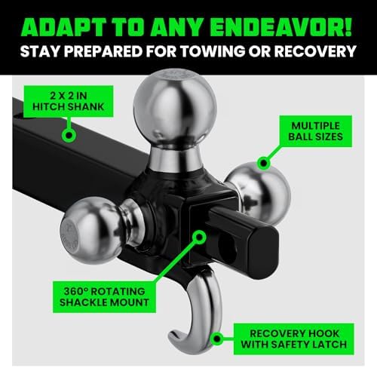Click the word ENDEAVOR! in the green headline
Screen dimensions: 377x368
[280, 27]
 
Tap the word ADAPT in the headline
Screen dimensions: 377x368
[63, 27]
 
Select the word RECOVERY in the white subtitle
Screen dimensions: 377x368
[315, 51]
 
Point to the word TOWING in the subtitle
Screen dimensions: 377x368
[213, 51]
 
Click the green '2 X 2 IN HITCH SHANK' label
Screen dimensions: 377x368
[69, 101]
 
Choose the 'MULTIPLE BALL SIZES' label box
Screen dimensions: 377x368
[316, 131]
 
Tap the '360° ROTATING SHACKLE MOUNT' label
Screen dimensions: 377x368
[104, 297]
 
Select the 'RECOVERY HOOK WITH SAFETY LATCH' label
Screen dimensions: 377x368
[294, 339]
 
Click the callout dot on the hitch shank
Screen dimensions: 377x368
[69, 135]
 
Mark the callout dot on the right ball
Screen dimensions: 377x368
[264, 163]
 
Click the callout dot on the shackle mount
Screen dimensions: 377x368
[199, 237]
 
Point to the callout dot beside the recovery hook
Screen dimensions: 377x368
[217, 339]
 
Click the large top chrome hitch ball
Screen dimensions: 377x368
[175, 108]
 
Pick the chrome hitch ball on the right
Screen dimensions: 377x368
[262, 194]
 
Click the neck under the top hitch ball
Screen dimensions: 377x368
[174, 158]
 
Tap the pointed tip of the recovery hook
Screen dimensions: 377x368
[170, 334]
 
